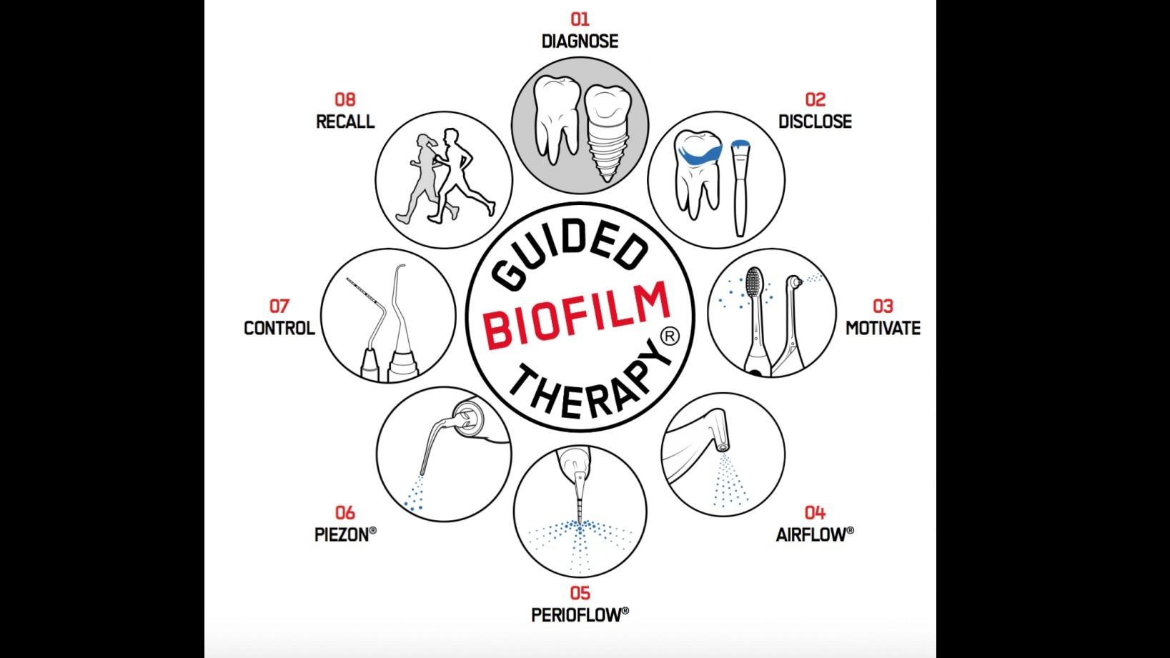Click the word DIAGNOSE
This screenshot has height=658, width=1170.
pos(580,41)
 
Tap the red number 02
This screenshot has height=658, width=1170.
pos(815,99)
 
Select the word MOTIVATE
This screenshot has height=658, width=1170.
pos(883,328)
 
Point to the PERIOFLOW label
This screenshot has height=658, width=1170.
pos(580,614)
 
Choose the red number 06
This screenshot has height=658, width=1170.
pos(344,512)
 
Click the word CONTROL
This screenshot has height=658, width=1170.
pos(279,328)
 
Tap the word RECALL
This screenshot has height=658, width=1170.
pos(344,121)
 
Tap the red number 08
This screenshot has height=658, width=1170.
pos(344,99)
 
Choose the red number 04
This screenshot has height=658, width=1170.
pos(815,512)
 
